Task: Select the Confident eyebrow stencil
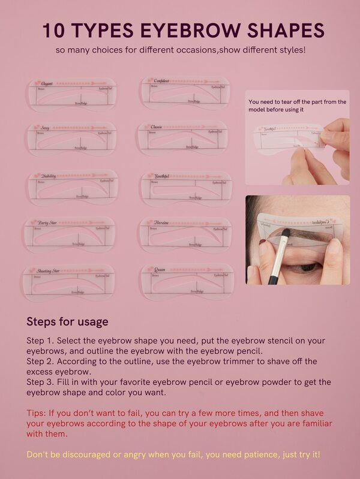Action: pos(187,94)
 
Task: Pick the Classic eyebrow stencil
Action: pos(183,138)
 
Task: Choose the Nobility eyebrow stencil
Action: pos(71,188)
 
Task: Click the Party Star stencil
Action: pos(69,234)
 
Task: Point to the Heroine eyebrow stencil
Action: pos(186,234)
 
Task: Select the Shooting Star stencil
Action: pos(68,282)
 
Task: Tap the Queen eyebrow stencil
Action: pos(186,282)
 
